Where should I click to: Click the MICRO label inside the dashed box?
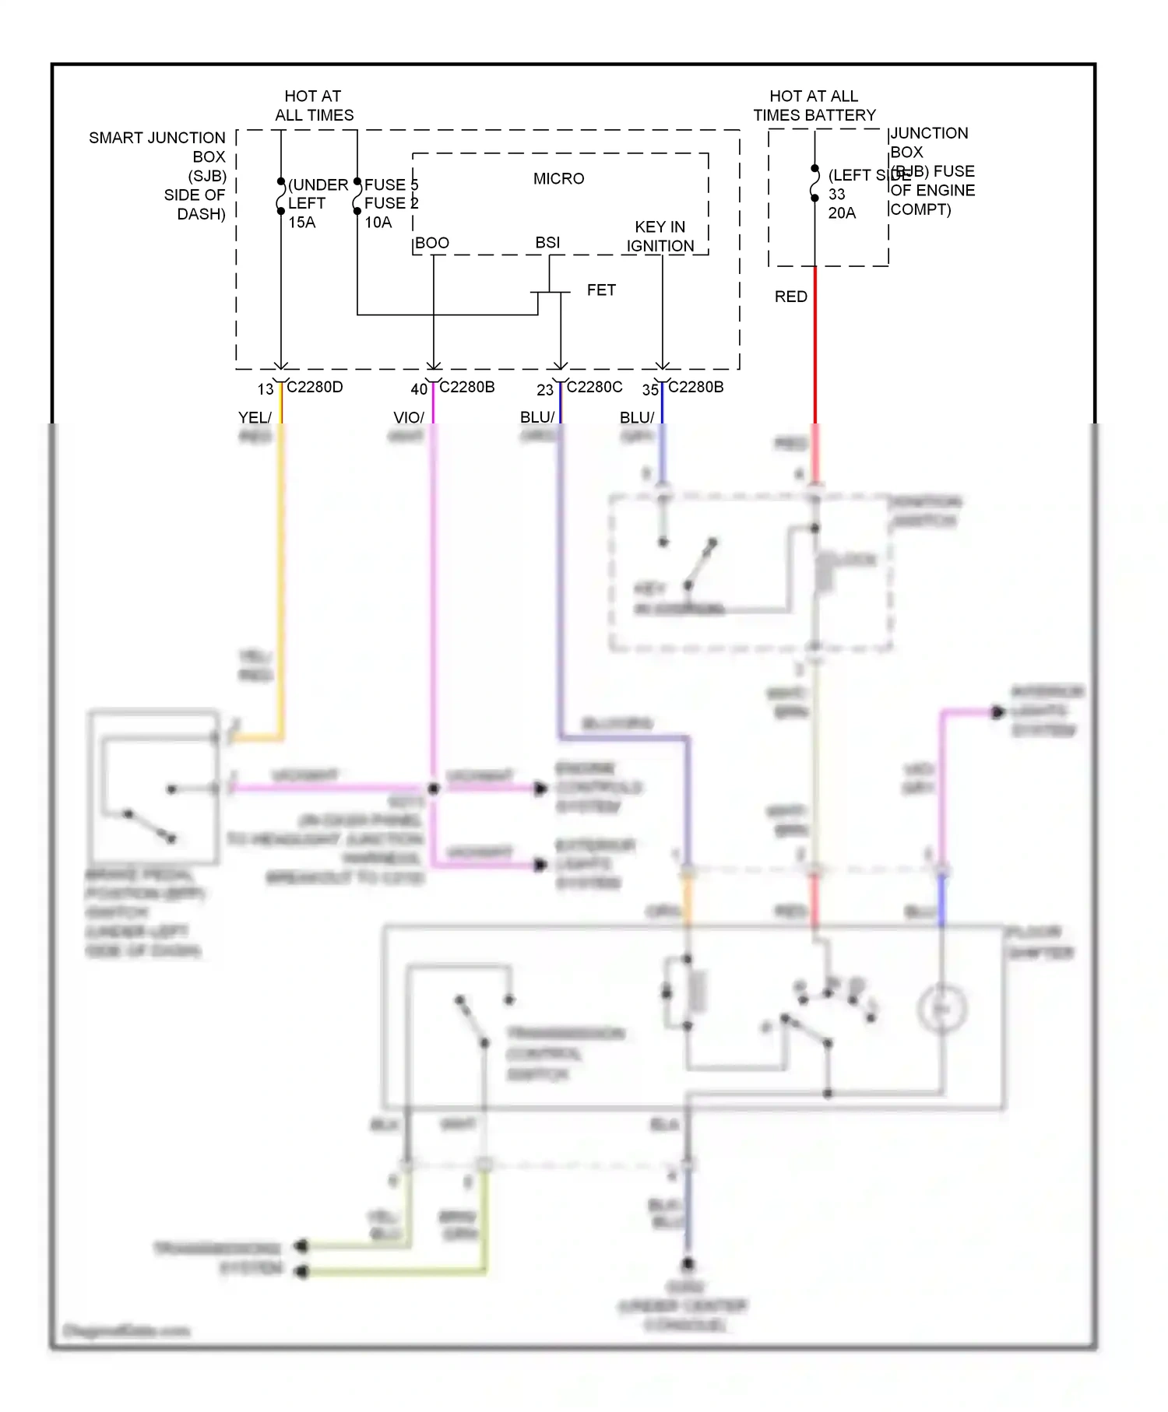[558, 178]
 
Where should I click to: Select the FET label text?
[601, 290]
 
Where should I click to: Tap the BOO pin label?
[432, 243]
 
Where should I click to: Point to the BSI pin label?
[547, 242]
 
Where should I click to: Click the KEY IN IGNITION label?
[660, 236]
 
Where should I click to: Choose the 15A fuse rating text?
[302, 222]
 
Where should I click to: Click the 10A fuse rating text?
[378, 222]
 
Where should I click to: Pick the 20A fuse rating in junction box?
[842, 213]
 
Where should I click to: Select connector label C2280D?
[315, 387]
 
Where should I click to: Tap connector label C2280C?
[595, 387]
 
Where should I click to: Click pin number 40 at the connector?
[419, 388]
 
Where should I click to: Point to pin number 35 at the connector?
[650, 389]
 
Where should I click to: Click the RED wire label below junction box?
[790, 297]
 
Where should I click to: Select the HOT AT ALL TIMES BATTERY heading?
[814, 105]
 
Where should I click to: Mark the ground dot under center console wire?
[687, 1264]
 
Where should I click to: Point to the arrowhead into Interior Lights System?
[997, 711]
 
